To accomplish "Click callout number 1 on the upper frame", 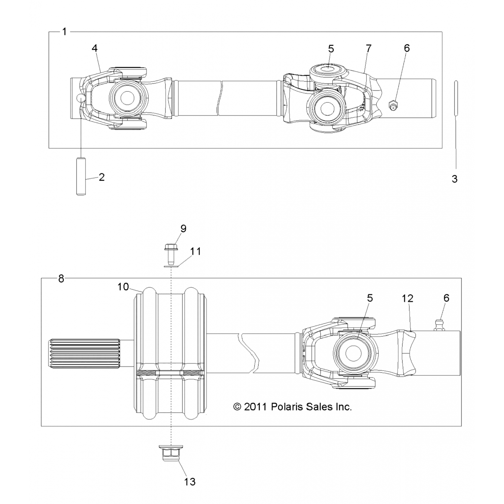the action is (64, 32).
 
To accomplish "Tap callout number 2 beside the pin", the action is (101, 177).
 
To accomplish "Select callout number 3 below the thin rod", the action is (455, 179).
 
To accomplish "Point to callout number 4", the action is (95, 48).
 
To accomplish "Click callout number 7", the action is (369, 48).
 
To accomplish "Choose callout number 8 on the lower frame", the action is (61, 279).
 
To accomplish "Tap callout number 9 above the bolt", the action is (183, 228).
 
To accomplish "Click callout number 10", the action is (123, 287).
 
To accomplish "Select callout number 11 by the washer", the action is (195, 251).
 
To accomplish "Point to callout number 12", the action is (407, 298).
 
